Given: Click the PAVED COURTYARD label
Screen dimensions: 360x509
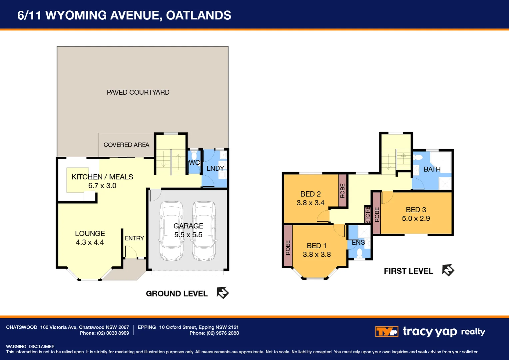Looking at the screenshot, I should [138, 92].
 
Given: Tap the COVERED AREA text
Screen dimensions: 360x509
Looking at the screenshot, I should [126, 145].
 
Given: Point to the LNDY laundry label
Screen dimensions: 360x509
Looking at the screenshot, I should [215, 168].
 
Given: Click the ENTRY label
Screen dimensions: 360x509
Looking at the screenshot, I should [134, 238].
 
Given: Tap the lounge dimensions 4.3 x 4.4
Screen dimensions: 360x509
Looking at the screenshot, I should [90, 242].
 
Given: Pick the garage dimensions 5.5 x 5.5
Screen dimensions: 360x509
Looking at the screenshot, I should [188, 235].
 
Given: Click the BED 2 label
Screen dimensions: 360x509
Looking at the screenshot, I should [310, 194].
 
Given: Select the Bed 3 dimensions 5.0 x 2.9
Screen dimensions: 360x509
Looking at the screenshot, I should [416, 218].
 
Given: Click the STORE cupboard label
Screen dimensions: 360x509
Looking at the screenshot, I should [368, 215].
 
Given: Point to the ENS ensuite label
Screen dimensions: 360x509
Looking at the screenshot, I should [358, 242].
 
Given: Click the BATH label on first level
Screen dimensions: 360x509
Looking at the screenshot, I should [432, 169].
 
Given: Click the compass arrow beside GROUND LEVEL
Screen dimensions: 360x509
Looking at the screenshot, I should [223, 293].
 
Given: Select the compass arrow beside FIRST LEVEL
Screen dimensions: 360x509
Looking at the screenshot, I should [448, 270].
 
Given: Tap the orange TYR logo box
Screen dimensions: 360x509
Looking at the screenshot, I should [386, 332].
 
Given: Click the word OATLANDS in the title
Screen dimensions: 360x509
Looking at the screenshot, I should [199, 15].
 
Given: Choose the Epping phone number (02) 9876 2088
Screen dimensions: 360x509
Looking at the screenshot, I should [223, 333].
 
